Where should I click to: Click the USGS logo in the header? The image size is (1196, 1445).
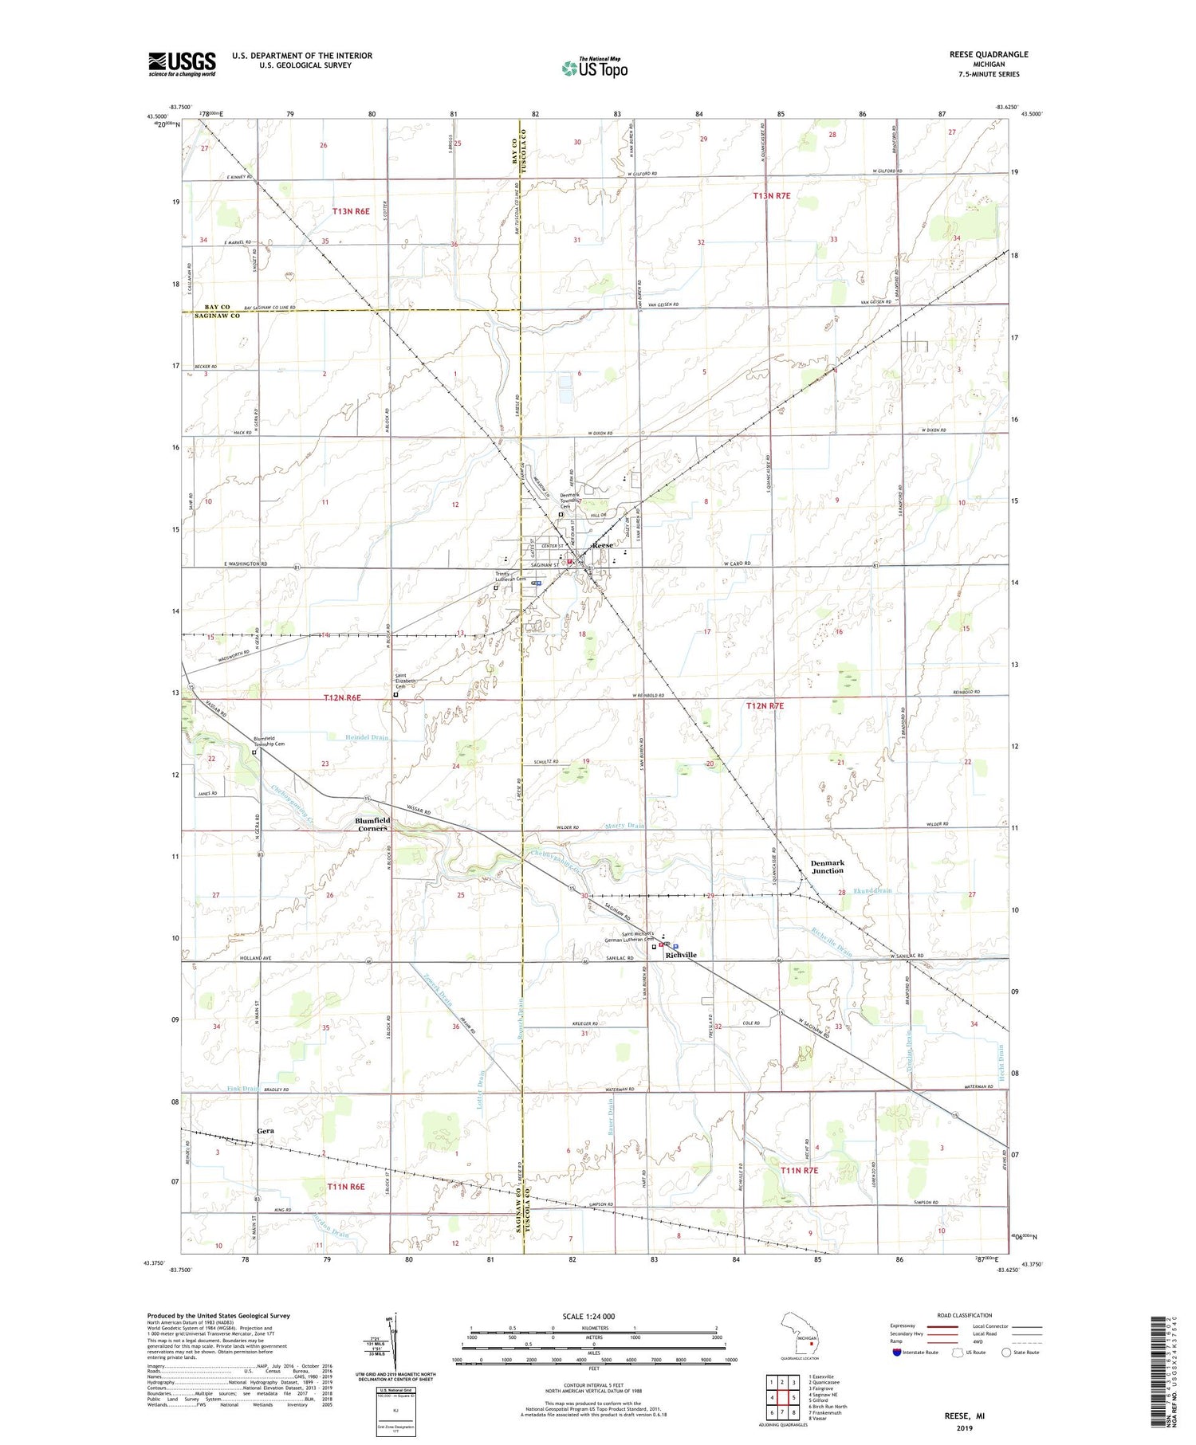click(182, 64)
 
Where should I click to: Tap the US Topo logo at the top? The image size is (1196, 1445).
click(594, 69)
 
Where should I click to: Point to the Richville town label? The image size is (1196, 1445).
click(680, 955)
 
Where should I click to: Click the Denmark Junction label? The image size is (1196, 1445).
click(827, 866)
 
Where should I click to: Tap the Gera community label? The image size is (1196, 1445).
click(265, 1131)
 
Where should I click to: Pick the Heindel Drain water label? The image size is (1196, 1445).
click(367, 737)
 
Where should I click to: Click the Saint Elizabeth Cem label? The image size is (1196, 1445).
click(407, 681)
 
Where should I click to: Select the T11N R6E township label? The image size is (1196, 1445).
click(345, 1187)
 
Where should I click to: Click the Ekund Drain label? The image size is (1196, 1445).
click(871, 890)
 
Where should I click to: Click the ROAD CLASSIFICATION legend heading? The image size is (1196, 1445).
click(965, 1315)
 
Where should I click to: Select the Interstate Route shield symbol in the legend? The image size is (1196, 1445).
click(897, 1353)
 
